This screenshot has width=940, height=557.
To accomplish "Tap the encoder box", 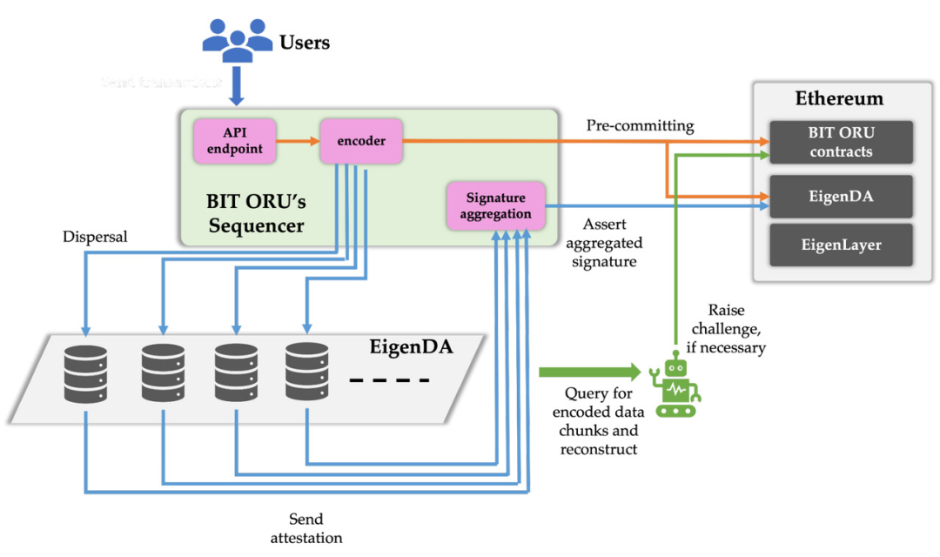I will tap(361, 141).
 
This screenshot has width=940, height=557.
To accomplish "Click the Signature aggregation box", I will tap(495, 205).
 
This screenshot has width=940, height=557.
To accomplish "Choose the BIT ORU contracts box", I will tap(841, 142).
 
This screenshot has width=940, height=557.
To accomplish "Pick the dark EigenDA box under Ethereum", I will tap(841, 197).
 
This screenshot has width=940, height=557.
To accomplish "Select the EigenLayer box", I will tap(841, 245).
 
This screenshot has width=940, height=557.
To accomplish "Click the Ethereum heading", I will tap(839, 98).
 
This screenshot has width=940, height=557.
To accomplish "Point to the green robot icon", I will tap(675, 386).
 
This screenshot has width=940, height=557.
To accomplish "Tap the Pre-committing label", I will tap(640, 126).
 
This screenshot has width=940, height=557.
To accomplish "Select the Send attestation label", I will tap(305, 528).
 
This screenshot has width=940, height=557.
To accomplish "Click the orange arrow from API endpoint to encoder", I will tap(298, 141).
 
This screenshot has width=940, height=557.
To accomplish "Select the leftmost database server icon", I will tap(85, 373).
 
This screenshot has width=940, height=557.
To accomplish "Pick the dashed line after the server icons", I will tap(389, 380).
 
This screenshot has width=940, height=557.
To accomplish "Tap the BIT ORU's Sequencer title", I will tap(256, 213).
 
